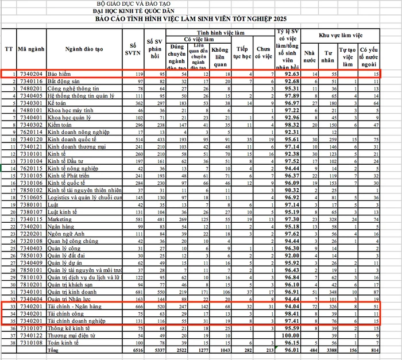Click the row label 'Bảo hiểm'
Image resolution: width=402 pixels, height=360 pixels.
(x=60, y=74)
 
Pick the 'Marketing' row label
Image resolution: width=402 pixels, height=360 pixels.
(x=61, y=218)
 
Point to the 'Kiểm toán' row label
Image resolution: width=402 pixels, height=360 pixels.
(x=61, y=125)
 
